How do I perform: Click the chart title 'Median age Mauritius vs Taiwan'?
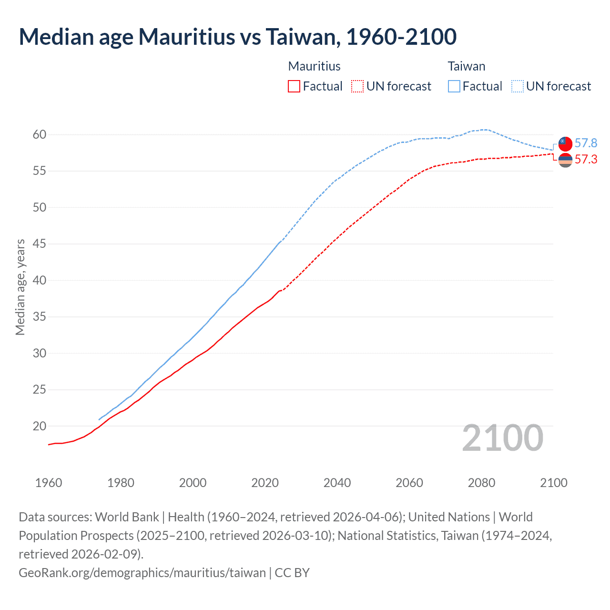click(x=237, y=37)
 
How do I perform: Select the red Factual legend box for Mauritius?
click(x=294, y=86)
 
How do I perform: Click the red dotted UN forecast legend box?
click(x=357, y=86)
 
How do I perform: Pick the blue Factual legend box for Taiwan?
click(x=454, y=86)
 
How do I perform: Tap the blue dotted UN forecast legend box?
click(x=518, y=86)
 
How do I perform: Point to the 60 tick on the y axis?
click(x=40, y=135)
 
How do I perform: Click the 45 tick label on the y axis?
click(x=40, y=244)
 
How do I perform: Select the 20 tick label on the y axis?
click(x=40, y=426)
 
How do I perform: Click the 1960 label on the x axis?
click(x=49, y=483)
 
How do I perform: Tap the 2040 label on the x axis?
click(x=337, y=483)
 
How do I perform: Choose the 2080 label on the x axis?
click(x=481, y=483)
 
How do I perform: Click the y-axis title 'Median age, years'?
click(x=20, y=287)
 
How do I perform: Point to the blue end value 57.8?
click(x=586, y=143)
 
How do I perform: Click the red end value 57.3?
click(x=586, y=159)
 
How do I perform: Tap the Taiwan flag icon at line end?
click(x=565, y=143)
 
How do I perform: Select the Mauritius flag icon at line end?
click(x=565, y=161)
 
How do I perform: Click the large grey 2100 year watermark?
click(x=502, y=438)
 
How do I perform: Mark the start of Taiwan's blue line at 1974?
click(x=99, y=419)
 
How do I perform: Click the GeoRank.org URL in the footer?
click(x=142, y=572)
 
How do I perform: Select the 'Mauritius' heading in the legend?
click(x=315, y=66)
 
